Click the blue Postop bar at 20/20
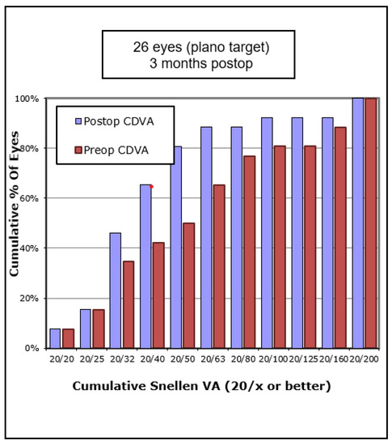click(55, 338)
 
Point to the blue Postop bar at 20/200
click(357, 222)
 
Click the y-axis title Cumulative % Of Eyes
click(15, 224)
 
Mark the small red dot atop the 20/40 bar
click(151, 186)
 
